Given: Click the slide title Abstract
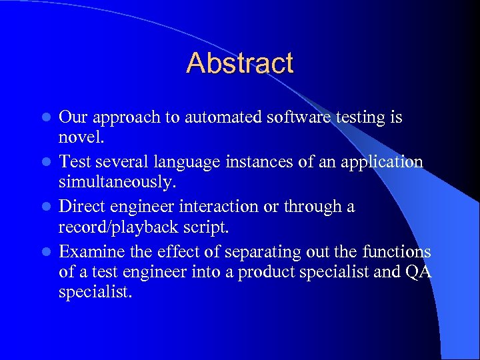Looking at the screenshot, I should (x=240, y=63).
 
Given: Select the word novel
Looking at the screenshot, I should (x=81, y=139).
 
